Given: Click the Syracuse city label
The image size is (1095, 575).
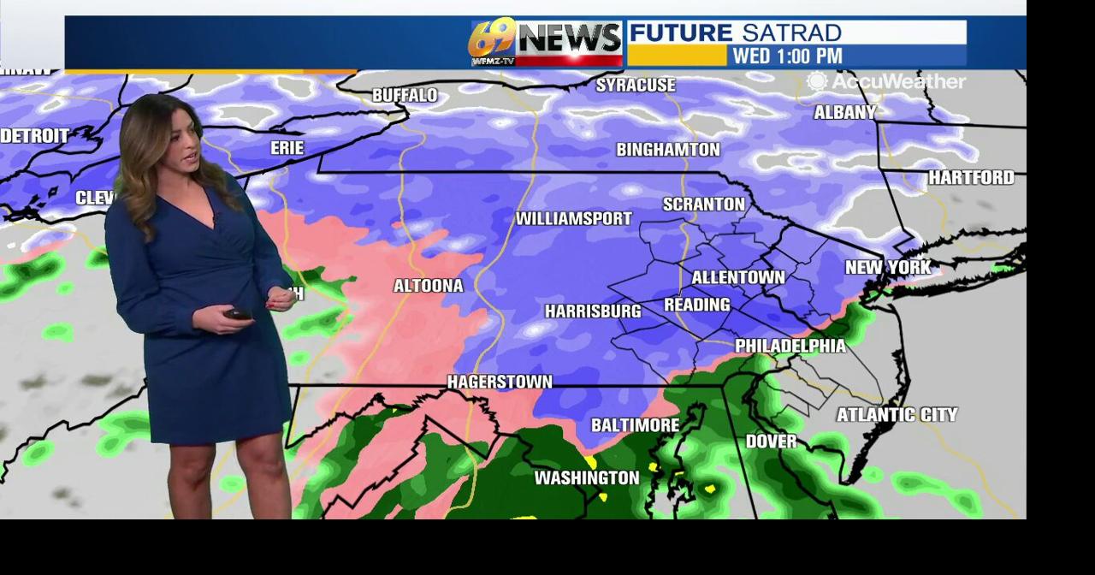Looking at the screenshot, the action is click(x=635, y=85).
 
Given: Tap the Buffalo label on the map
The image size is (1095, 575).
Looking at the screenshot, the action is click(x=405, y=95).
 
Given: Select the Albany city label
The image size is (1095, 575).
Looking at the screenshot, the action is click(x=845, y=112).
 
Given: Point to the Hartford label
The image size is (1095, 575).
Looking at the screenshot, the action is click(x=971, y=177).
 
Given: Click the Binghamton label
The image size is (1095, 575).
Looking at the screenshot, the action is click(x=668, y=150).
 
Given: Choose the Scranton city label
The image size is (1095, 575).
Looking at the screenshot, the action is click(x=704, y=205).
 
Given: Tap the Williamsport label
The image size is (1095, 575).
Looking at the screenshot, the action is click(x=573, y=219).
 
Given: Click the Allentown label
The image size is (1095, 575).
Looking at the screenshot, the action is click(x=737, y=277).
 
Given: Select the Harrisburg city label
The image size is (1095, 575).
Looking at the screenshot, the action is click(x=593, y=311).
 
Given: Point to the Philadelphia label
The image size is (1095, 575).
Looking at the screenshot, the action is click(x=790, y=346).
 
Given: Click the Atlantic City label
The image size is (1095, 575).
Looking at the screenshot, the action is click(x=897, y=415).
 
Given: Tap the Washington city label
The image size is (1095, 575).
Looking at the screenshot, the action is click(x=587, y=477).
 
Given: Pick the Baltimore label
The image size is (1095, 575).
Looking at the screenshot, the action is click(x=635, y=425).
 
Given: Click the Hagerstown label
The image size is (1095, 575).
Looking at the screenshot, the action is click(x=500, y=382).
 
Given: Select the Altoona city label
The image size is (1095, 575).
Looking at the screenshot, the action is click(x=428, y=286).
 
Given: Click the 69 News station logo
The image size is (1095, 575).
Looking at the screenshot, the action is click(x=546, y=43).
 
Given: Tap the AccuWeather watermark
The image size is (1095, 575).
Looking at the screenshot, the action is click(x=886, y=82).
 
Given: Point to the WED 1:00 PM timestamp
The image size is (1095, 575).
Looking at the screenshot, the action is click(x=787, y=56).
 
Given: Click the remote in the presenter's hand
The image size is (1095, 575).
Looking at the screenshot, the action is click(x=238, y=314).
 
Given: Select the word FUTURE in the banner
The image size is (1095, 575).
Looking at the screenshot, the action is click(x=681, y=33).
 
